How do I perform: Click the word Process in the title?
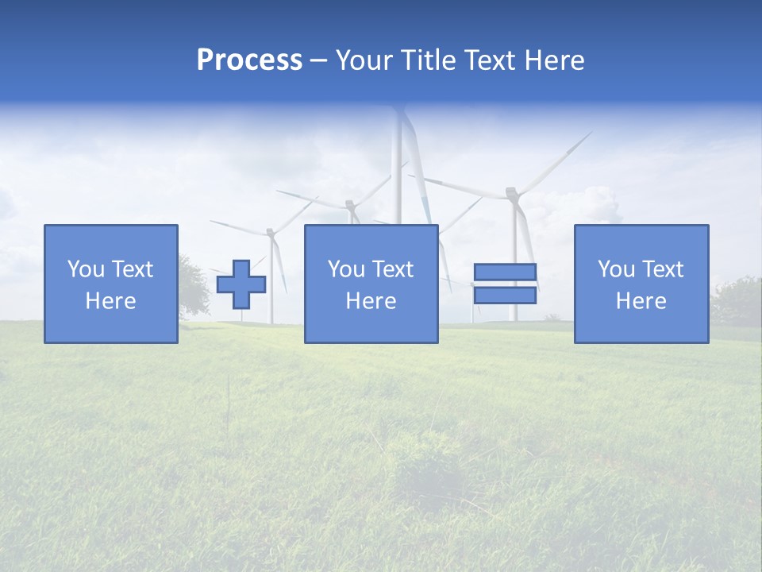coord(249,60)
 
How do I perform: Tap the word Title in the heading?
coord(429,60)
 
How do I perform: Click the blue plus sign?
coord(241,284)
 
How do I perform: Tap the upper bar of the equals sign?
coord(505,272)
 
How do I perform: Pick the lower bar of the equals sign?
coord(505,296)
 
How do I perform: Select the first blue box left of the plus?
coord(111,284)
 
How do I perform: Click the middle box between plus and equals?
coord(371,284)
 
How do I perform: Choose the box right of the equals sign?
coord(641,284)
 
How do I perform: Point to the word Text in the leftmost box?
coord(133,269)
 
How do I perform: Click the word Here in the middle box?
coord(371,301)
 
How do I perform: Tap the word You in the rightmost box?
coord(616,269)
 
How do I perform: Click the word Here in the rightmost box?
coord(641,301)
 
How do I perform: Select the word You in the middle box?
coord(346,269)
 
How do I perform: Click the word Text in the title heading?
coord(487,60)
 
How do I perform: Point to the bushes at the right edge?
coord(737,300)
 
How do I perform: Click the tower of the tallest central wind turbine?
coord(397,175)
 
